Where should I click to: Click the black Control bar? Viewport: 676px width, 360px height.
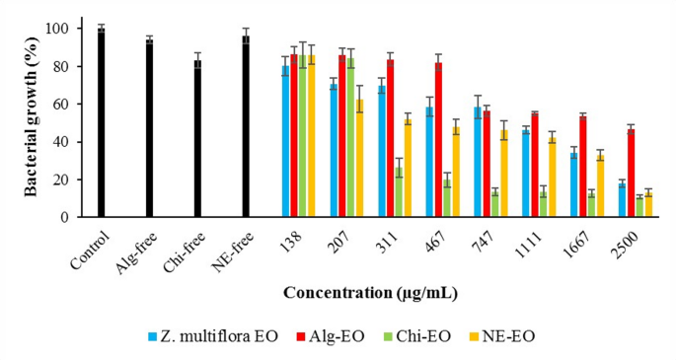tap(101, 123)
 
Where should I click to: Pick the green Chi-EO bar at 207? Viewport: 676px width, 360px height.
tap(350, 137)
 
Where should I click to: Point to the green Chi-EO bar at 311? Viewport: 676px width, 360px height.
tap(399, 192)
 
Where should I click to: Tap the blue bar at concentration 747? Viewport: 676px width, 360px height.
tap(478, 162)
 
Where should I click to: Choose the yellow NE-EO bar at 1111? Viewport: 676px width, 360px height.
tap(553, 178)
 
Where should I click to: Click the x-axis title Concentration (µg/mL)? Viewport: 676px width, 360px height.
tap(369, 293)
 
